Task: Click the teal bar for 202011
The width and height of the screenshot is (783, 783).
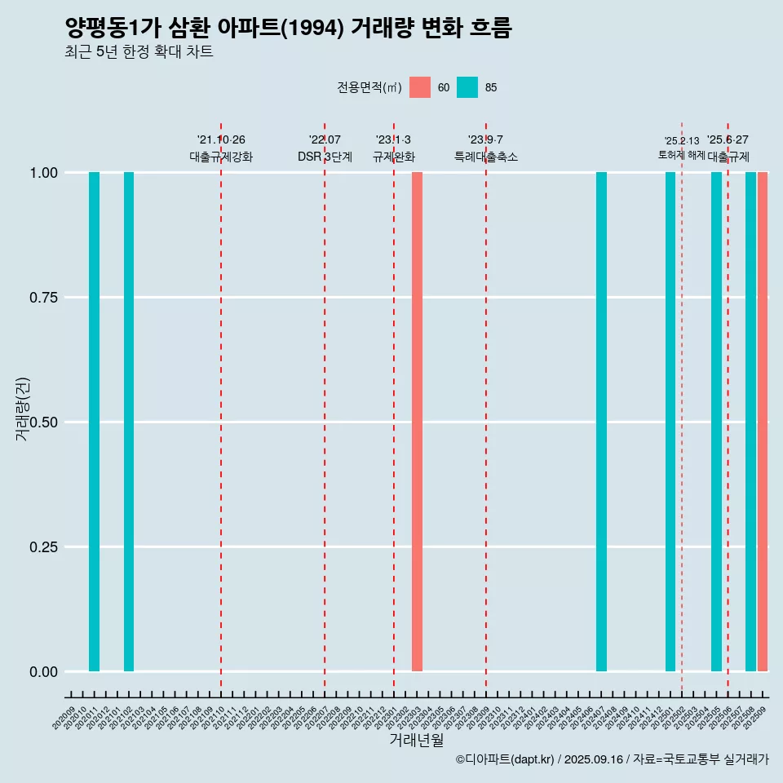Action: point(94,422)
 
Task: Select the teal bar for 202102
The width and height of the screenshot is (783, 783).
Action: point(129,422)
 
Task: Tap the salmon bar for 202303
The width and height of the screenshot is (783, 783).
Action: point(417,422)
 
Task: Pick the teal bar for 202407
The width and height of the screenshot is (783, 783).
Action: point(601,422)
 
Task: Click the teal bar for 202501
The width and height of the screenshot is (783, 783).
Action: point(670,422)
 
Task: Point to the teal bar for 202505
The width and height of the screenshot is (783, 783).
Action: point(716,422)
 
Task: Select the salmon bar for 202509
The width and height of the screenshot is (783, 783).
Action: point(763,422)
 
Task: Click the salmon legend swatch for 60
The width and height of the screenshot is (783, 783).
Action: point(420,87)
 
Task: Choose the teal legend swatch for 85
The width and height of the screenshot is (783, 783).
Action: point(467,87)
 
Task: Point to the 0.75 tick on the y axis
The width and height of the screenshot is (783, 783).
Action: point(44,298)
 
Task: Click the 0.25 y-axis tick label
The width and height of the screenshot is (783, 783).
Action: point(44,547)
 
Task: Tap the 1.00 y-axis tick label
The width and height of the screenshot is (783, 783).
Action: point(44,173)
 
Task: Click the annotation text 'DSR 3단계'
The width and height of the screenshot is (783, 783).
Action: point(325,157)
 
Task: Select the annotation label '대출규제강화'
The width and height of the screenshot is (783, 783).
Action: point(221,157)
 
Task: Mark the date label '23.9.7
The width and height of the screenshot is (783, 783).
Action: point(485,140)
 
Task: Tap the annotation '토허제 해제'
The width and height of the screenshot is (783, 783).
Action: point(681,155)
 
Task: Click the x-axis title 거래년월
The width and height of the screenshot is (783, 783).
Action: point(416,741)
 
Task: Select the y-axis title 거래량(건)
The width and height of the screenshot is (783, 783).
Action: point(23,408)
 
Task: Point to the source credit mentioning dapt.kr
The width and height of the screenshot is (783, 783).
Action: point(612,760)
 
